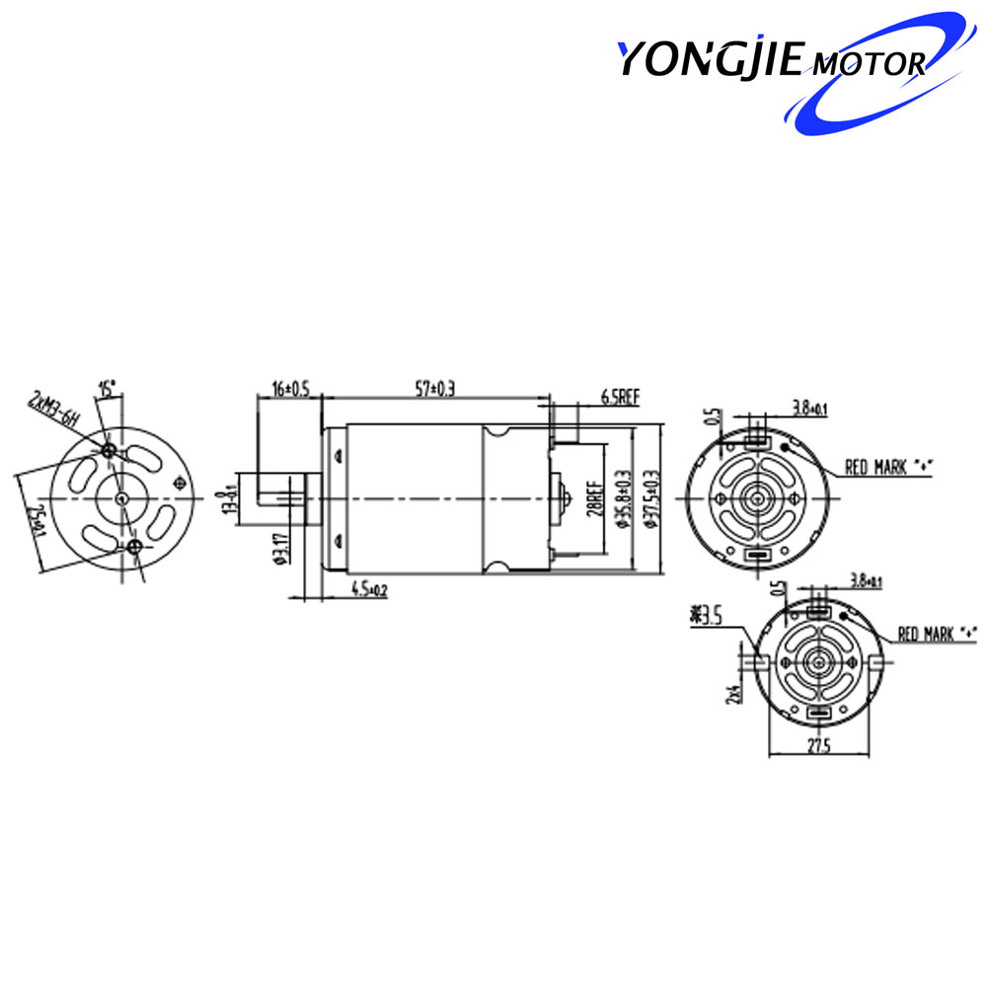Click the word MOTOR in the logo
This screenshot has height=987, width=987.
coord(866,65)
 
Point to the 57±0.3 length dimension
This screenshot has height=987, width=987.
coord(434,391)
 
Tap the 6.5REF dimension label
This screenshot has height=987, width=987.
coord(621,398)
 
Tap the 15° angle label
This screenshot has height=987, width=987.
coord(107,387)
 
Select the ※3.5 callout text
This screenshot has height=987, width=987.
coord(709,618)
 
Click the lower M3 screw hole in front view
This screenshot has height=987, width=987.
coord(134,546)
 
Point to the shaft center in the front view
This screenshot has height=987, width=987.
coord(121,499)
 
